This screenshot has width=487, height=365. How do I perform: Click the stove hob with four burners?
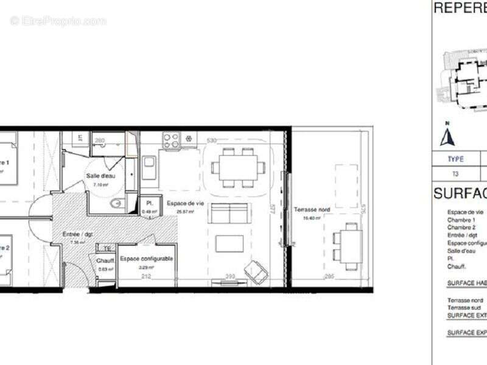click(x=170, y=141)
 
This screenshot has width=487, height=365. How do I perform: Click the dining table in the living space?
click(x=238, y=166)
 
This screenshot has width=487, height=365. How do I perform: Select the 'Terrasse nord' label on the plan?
click(x=312, y=210)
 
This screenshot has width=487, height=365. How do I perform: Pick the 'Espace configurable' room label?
click(x=147, y=259)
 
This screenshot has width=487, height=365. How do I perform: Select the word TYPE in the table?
click(x=455, y=159)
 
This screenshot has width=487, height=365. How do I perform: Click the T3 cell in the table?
click(x=455, y=173)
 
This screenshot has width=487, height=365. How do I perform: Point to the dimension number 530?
click(x=211, y=141)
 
